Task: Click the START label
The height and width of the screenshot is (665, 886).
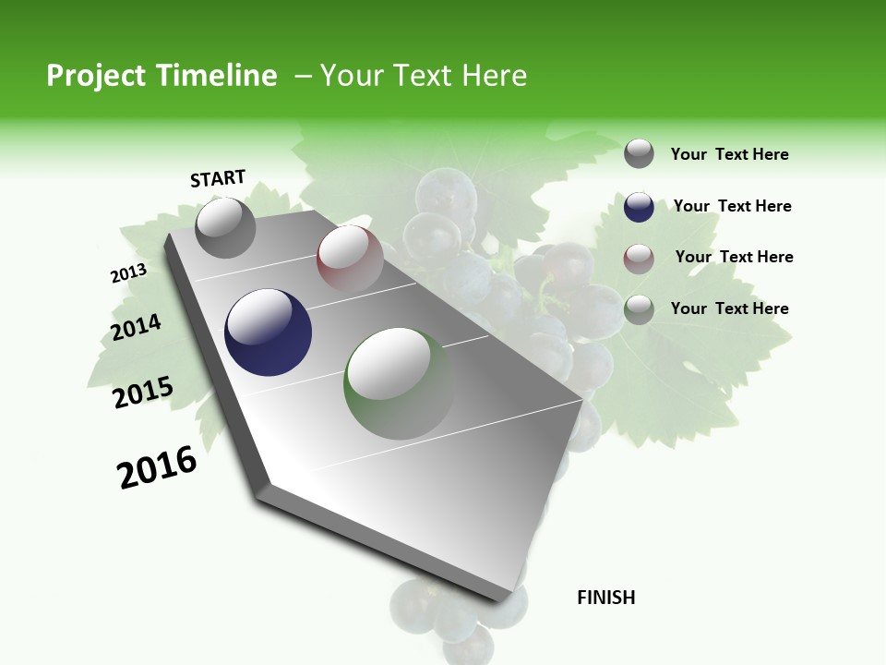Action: point(218,178)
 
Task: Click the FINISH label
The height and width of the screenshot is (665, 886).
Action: point(606,598)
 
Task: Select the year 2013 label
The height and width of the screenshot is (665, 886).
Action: point(128,273)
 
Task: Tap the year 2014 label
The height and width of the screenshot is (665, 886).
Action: point(136,328)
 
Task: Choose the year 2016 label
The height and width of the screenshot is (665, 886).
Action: point(157,467)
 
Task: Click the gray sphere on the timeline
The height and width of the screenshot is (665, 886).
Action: point(225,227)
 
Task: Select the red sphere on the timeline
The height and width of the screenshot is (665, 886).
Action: point(350,259)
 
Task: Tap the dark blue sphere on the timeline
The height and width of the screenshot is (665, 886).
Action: point(268,332)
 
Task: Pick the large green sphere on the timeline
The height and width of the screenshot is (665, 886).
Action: point(399,383)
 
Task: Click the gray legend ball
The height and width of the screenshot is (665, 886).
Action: point(639,153)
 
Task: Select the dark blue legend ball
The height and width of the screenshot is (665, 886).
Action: point(639,207)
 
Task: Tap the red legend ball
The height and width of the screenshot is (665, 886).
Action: point(639,259)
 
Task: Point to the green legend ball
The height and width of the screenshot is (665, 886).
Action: point(639,309)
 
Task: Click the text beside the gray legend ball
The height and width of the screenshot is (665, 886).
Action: point(729,155)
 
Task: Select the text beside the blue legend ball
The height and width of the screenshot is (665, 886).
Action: point(732,206)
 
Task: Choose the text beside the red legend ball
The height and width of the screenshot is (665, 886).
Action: point(734,257)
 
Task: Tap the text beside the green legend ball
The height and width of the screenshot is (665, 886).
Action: point(729,308)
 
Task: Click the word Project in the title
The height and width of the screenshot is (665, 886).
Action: point(94,76)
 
